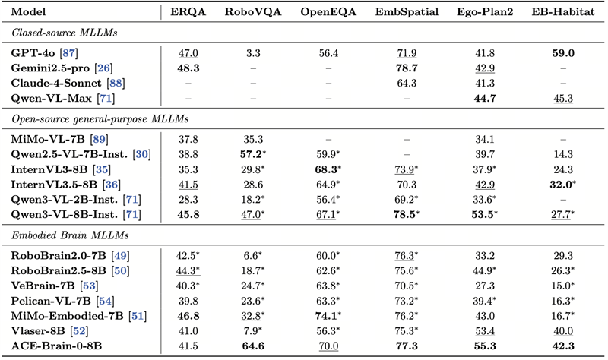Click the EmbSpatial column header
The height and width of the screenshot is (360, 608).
click(407, 12)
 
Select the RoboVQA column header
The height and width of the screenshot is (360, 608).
click(253, 12)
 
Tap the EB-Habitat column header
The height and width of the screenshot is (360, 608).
click(563, 12)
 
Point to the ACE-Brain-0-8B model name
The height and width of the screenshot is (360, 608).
click(56, 346)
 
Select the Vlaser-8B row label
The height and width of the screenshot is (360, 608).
click(37, 331)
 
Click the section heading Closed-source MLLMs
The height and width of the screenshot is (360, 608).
click(65, 33)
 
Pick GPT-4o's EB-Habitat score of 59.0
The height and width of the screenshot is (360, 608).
click(563, 53)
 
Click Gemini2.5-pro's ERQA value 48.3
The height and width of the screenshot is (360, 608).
click(188, 68)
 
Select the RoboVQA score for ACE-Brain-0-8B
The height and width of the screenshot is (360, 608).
click(253, 346)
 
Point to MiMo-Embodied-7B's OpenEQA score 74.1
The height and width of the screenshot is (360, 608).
click(327, 316)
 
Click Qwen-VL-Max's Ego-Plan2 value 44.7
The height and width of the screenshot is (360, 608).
click(485, 99)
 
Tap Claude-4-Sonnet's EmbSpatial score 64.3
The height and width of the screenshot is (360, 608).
click(407, 84)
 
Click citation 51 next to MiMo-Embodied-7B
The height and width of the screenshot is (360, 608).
click(138, 316)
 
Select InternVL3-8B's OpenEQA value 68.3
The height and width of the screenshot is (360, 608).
click(327, 169)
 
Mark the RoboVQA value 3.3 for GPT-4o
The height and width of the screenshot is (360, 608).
click(253, 53)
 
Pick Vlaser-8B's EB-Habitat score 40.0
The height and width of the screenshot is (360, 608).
click(563, 331)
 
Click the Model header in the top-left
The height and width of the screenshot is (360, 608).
click(28, 12)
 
